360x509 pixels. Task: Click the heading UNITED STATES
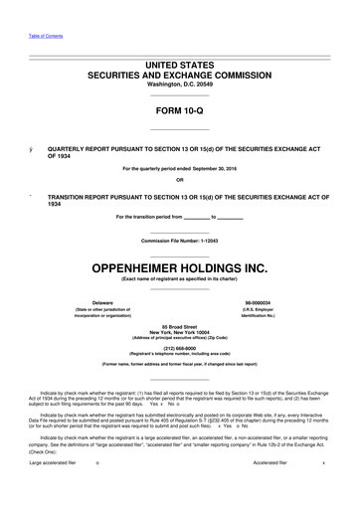(179, 64)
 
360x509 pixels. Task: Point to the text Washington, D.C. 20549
(179, 85)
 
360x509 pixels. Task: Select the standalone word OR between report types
(179, 179)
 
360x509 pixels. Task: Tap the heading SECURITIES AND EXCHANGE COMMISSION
(179, 75)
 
